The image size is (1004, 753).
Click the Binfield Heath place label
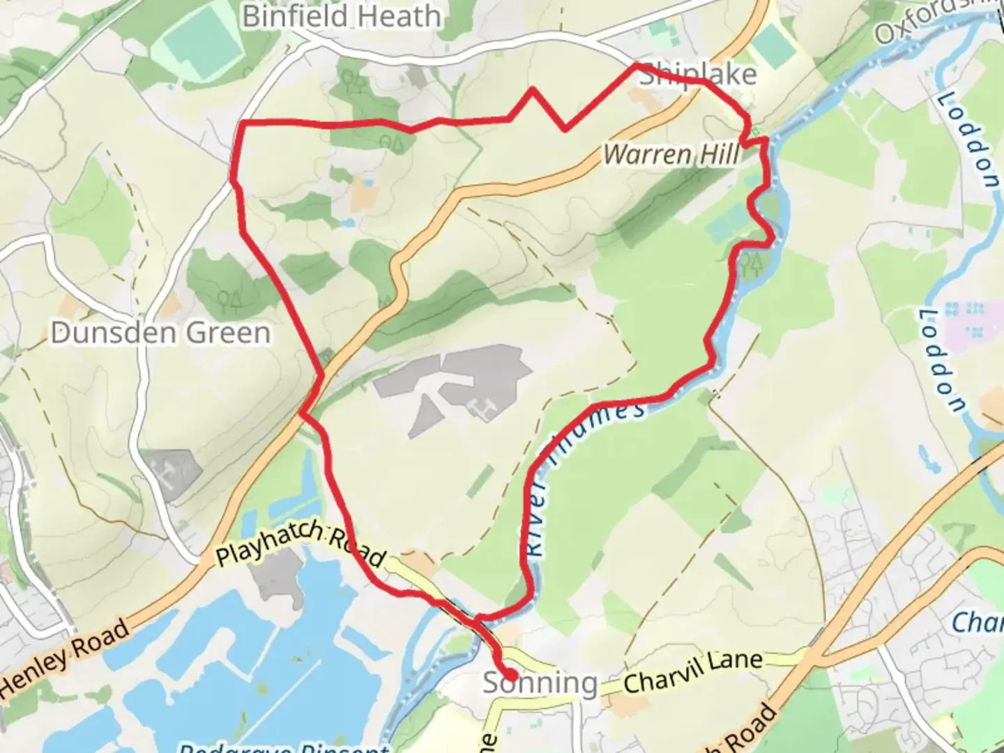(x=341, y=16)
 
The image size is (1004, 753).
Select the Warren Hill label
(x=671, y=154)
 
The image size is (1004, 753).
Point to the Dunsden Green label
(x=160, y=333)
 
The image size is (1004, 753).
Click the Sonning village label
(x=540, y=683)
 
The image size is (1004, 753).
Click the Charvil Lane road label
(x=692, y=671)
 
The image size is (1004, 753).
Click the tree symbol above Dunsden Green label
(x=228, y=301)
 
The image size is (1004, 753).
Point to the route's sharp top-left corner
(x=243, y=123)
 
